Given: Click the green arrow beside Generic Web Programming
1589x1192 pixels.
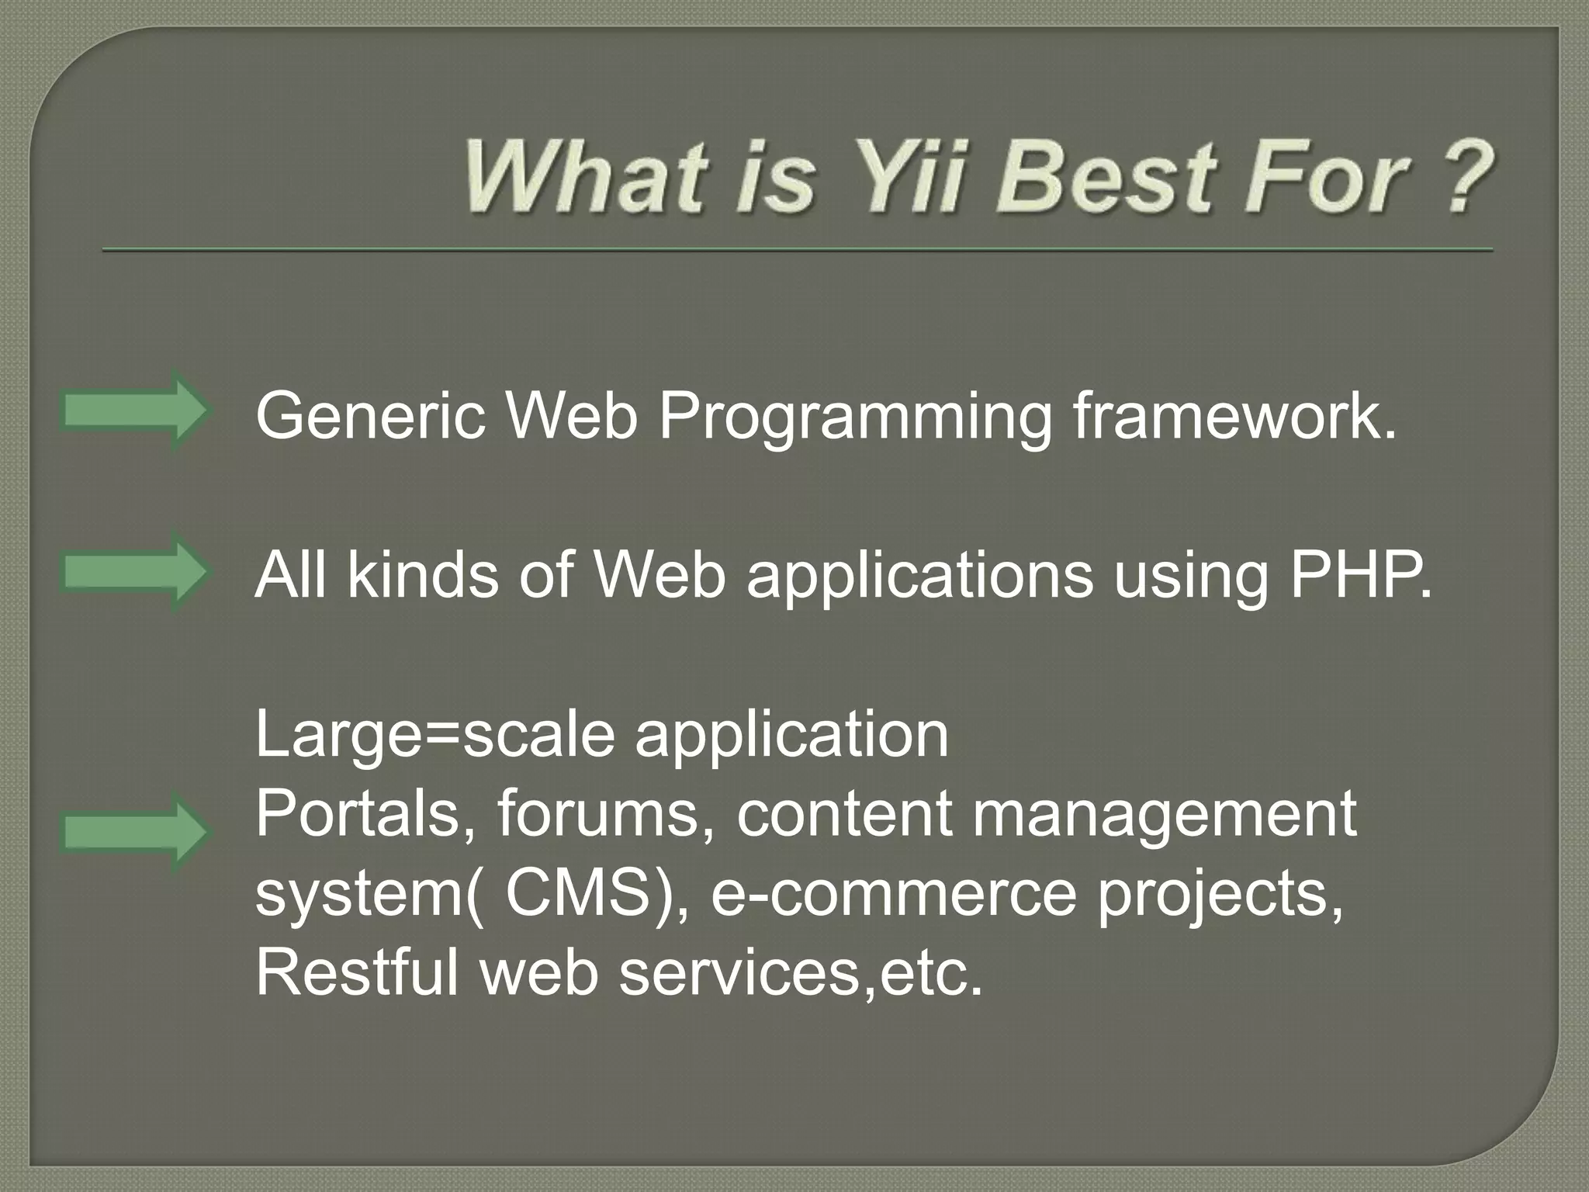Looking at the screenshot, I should [x=133, y=411].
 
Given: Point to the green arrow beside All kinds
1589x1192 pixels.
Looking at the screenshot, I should [x=133, y=573].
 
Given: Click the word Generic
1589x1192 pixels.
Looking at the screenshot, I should [x=371, y=417].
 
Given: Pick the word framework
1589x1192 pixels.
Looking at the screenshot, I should [x=1234, y=417].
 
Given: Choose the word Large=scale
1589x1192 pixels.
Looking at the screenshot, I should [x=435, y=736].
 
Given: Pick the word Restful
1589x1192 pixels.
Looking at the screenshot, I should [x=357, y=973].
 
